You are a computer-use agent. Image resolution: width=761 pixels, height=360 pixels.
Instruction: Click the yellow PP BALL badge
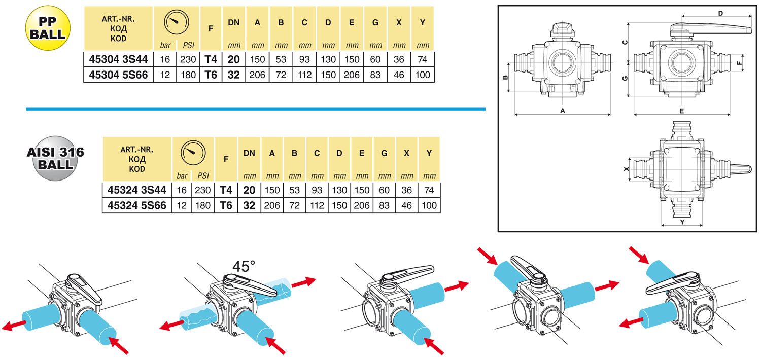[48, 27]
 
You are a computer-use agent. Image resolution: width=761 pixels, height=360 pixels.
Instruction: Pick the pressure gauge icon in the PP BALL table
[176, 23]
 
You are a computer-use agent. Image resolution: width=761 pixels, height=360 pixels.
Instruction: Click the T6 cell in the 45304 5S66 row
[210, 75]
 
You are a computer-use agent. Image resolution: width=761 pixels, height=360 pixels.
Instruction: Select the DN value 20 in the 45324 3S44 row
[249, 190]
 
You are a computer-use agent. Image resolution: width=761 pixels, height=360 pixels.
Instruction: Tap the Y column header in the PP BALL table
[423, 22]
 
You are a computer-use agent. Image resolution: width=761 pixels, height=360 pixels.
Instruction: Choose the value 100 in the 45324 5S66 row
[429, 205]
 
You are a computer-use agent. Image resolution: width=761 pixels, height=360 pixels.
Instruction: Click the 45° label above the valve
[244, 266]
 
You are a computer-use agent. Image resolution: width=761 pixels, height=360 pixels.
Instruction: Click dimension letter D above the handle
[720, 13]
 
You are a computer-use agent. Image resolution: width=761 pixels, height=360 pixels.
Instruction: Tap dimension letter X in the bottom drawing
[626, 168]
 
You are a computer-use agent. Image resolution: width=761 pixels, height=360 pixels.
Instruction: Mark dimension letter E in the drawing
[682, 111]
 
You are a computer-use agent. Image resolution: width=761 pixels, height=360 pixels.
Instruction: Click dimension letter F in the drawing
[740, 63]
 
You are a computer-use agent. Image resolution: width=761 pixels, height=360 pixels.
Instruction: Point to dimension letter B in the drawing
[505, 78]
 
